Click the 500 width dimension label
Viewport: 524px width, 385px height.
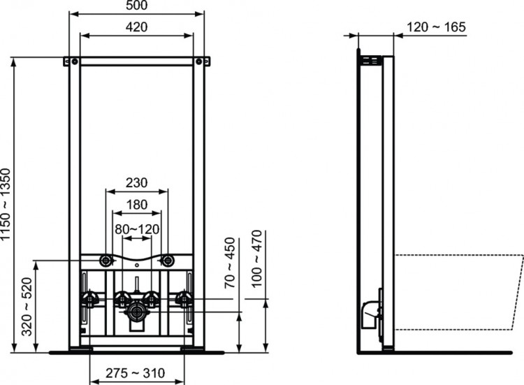[136, 6]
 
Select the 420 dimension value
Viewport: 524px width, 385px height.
[136, 27]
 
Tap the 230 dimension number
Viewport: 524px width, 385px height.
[136, 183]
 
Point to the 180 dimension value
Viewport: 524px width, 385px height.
[136, 205]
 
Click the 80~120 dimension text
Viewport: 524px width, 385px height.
[136, 228]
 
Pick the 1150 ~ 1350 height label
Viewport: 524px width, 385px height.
[7, 203]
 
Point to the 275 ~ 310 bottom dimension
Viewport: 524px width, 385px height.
[136, 373]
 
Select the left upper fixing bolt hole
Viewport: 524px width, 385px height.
[106, 261]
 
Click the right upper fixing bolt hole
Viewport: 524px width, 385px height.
[167, 261]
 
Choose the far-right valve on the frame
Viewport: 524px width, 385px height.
[184, 300]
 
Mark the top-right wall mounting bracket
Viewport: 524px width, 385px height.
[205, 61]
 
